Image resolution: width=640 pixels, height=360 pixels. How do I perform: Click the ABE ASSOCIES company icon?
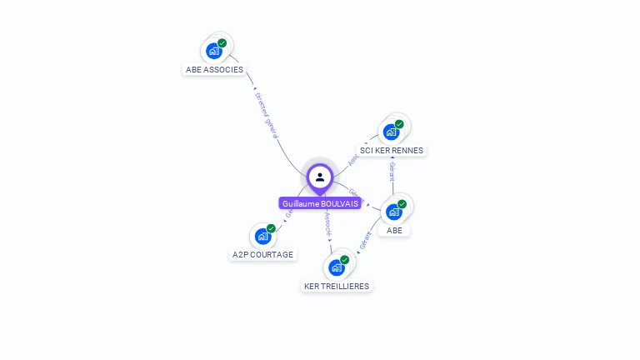click(214, 51)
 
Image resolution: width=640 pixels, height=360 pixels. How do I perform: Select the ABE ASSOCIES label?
click(215, 70)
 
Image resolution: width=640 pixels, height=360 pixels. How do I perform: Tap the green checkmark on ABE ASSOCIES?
click(222, 43)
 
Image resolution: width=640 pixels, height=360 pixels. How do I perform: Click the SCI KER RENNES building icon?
click(391, 132)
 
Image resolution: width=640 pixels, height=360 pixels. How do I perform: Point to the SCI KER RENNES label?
click(392, 151)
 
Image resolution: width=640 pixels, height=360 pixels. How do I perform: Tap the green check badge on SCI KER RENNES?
click(399, 124)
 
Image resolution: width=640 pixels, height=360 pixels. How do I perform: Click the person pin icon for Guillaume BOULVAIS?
click(320, 177)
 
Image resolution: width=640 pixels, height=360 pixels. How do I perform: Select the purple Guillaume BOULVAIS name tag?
click(320, 203)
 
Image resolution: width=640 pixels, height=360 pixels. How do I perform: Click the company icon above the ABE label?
click(393, 212)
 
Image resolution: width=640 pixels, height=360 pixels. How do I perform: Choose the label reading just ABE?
click(394, 231)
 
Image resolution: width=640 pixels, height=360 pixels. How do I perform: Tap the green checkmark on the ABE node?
click(402, 204)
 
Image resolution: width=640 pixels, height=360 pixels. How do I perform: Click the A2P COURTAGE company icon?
click(262, 236)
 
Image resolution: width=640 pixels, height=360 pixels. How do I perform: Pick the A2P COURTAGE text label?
click(263, 255)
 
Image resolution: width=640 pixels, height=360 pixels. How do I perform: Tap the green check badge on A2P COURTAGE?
click(271, 228)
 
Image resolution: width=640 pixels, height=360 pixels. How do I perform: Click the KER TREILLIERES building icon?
click(336, 267)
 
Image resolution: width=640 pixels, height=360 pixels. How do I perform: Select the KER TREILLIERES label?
click(337, 286)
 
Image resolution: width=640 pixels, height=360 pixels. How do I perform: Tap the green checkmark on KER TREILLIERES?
click(344, 260)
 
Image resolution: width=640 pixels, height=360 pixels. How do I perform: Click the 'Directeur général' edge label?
click(267, 115)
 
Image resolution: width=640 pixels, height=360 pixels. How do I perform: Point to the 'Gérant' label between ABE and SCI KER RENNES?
click(392, 171)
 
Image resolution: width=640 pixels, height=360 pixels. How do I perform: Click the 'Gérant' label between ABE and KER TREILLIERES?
click(365, 241)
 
